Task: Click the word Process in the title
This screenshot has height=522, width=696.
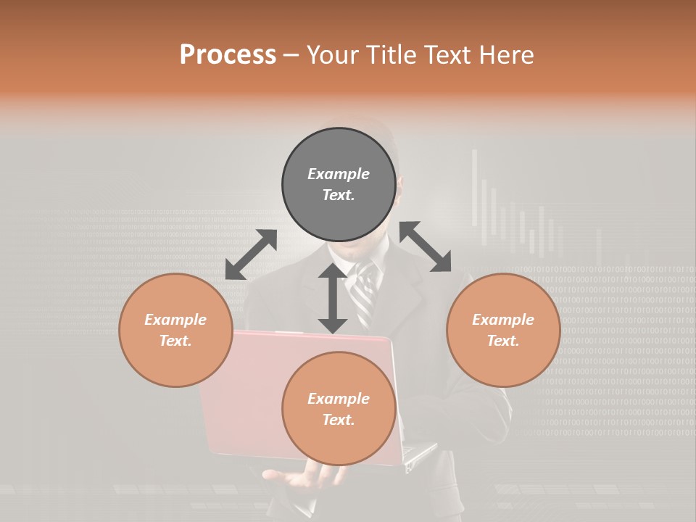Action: click(x=228, y=55)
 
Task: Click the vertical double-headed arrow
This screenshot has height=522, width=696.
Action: click(x=333, y=298)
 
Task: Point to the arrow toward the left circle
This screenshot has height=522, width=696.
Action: click(x=251, y=254)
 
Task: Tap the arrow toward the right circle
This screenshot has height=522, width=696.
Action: click(x=426, y=246)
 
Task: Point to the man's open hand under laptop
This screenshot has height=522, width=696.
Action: click(x=304, y=478)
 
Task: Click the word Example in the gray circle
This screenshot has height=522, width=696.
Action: click(x=339, y=174)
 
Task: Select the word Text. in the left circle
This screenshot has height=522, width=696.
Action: click(x=175, y=341)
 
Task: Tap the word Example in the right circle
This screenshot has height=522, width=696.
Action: click(x=503, y=320)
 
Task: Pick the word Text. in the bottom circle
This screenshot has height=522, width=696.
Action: click(x=339, y=420)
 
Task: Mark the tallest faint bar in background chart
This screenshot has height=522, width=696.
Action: click(x=476, y=188)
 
